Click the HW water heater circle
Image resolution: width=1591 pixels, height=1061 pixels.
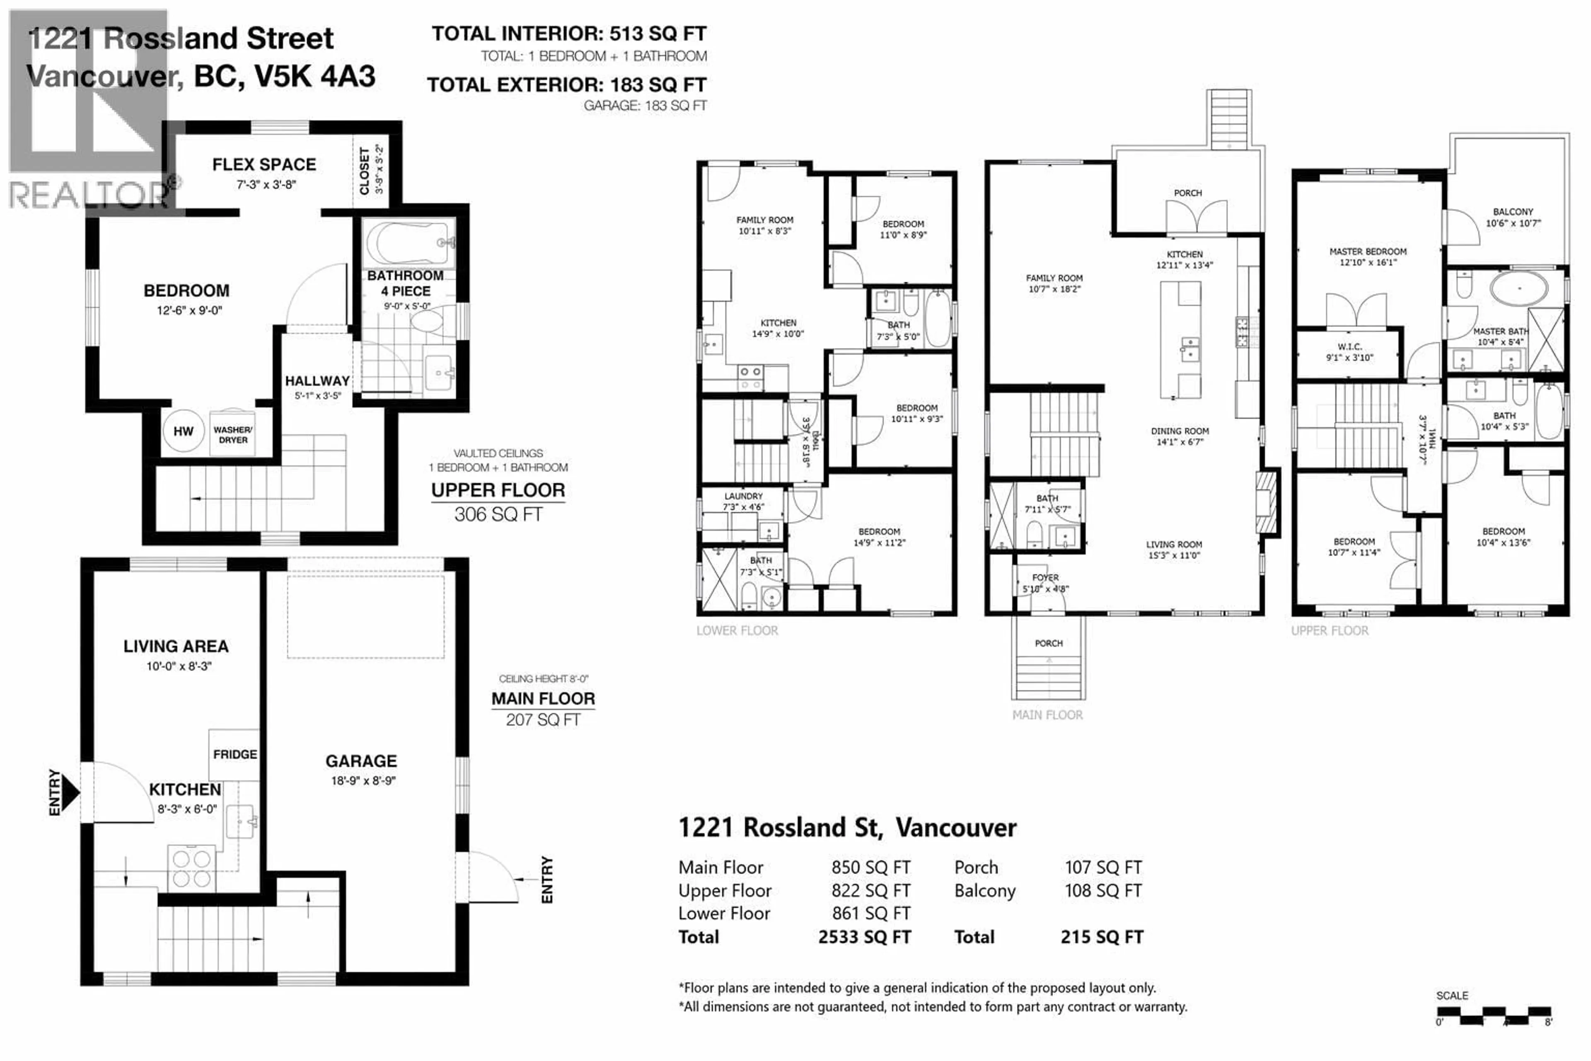(x=183, y=431)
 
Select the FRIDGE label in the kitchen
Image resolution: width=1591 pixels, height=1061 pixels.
(x=235, y=754)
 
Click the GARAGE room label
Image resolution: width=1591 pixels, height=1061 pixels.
(x=361, y=761)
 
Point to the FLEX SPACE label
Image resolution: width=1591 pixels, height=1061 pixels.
(x=264, y=165)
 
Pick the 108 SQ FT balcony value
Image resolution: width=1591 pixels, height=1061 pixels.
(x=1103, y=891)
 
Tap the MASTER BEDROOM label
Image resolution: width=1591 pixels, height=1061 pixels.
(x=1368, y=252)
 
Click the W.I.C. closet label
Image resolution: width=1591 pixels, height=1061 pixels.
(x=1349, y=346)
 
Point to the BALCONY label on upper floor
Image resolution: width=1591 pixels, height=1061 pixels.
(x=1513, y=212)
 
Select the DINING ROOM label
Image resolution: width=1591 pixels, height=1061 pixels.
(x=1180, y=431)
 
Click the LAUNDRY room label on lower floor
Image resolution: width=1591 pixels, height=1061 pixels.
(x=743, y=496)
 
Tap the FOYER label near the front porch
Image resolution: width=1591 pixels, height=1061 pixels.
(x=1045, y=578)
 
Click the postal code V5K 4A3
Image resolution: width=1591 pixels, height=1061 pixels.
(x=314, y=76)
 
